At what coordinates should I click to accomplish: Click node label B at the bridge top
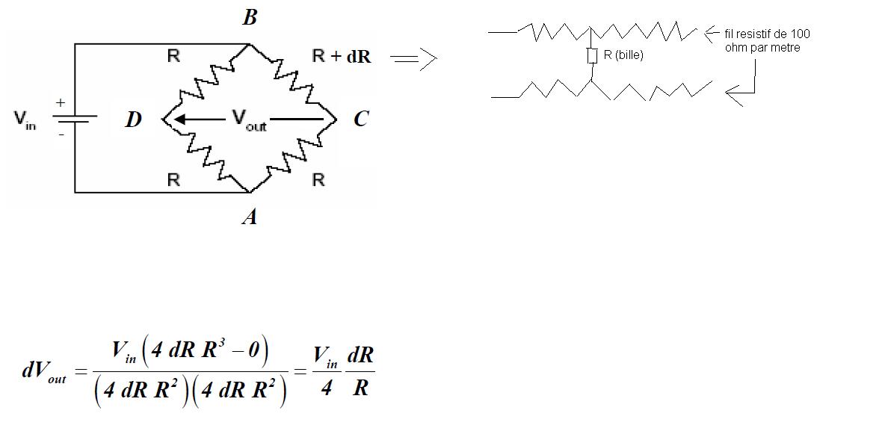click(250, 17)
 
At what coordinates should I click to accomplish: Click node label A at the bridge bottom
click(250, 217)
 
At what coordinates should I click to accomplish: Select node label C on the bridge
click(360, 120)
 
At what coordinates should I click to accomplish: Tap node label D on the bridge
click(133, 120)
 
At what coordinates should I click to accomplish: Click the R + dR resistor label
click(341, 57)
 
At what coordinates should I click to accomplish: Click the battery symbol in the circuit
click(74, 118)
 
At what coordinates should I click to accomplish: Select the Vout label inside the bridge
click(249, 119)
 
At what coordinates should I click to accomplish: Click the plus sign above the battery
click(61, 102)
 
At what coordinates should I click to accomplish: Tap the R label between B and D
click(173, 57)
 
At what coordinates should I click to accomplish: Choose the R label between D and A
click(173, 180)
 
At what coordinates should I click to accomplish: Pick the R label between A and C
click(318, 180)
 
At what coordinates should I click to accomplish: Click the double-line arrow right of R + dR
click(413, 59)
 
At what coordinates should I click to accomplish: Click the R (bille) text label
click(623, 55)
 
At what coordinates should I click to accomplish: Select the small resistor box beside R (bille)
click(591, 55)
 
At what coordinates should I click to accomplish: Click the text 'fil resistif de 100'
click(767, 34)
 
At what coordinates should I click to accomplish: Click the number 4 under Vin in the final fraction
click(326, 388)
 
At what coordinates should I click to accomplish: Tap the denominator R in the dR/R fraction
click(360, 388)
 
